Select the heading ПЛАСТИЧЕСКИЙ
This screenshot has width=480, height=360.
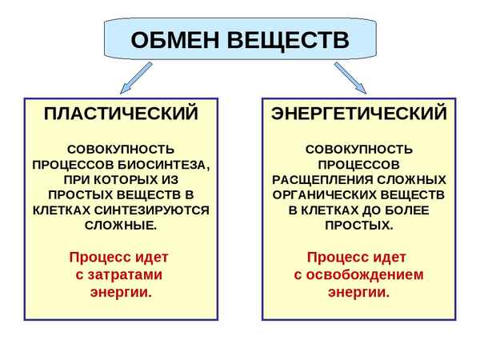(x=121, y=114)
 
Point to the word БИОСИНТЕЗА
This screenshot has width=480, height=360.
(x=167, y=164)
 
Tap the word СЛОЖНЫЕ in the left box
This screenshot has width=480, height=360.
(x=121, y=225)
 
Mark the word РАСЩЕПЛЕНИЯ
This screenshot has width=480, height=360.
(x=314, y=179)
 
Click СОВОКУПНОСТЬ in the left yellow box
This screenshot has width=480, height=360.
(x=121, y=149)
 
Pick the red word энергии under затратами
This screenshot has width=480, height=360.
(x=121, y=292)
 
